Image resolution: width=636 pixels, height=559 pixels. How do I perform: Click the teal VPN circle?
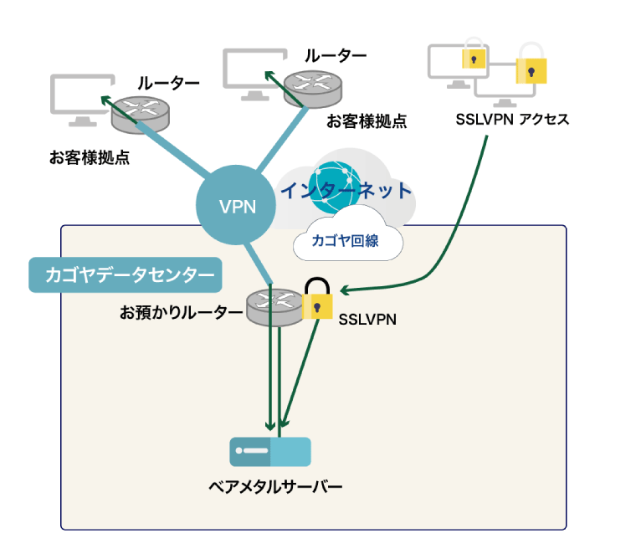coord(237,207)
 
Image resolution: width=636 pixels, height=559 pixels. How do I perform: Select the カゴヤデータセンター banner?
coord(125,274)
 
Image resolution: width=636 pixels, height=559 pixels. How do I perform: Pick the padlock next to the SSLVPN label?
coord(317,300)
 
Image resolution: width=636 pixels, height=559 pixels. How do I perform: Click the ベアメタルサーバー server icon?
coord(270,452)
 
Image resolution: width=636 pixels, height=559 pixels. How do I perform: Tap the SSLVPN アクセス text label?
coord(512,119)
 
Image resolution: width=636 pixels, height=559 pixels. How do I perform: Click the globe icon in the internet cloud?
coord(334,183)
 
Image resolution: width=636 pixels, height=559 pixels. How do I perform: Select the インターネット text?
coord(346,191)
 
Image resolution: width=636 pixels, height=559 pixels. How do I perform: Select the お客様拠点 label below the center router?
coord(366,121)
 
